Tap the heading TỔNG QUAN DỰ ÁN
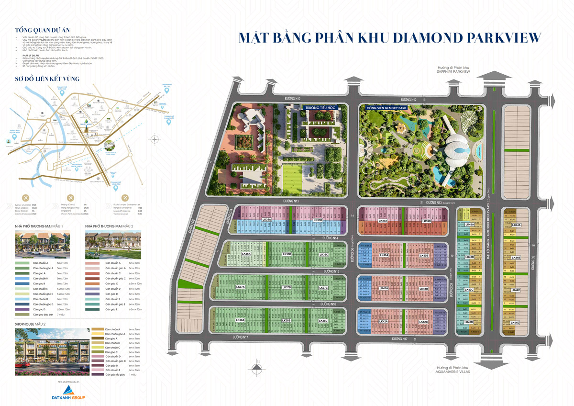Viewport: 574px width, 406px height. pos(38,29)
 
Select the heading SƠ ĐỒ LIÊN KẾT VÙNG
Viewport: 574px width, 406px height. pos(47,79)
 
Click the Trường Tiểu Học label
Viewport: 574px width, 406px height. pos(321,108)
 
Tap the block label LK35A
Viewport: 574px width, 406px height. pos(267,220)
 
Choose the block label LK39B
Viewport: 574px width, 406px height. pos(427,221)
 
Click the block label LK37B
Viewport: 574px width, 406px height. pos(287,287)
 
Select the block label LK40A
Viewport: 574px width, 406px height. pos(384,255)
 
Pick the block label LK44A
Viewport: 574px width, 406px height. pos(516,225)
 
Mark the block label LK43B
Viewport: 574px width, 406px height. pos(469,257)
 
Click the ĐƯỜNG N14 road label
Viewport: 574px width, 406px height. pos(330,238)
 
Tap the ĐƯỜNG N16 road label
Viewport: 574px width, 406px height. pos(329,304)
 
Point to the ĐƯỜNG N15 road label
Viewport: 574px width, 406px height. pos(331,271)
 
